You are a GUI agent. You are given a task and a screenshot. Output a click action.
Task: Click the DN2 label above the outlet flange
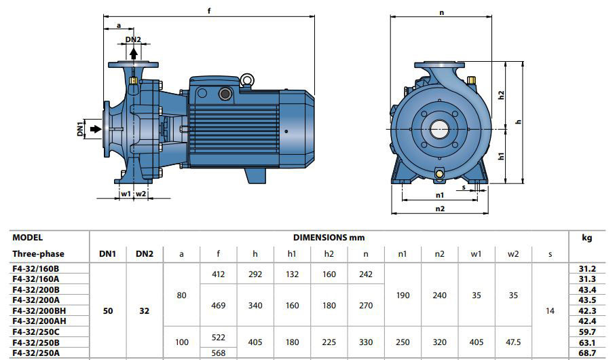pos(133,39)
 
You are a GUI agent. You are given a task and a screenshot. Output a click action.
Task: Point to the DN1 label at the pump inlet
pos(80,129)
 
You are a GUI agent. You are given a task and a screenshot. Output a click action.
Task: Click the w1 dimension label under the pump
pos(126,194)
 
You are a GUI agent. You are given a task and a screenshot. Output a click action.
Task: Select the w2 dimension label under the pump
pos(141,194)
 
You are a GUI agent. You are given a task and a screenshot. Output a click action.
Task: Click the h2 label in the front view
pos(502,94)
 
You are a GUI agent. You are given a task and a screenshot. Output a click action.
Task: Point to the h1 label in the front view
pos(502,156)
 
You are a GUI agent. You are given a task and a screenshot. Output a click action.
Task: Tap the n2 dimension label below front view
pos(440,209)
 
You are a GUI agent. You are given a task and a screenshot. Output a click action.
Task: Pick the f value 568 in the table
pos(218,353)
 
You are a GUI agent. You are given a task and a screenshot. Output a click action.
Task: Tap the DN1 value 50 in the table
pos(107,310)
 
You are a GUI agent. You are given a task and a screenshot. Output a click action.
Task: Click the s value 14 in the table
pos(549,310)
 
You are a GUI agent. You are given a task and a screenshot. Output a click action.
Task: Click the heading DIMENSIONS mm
pos(329,238)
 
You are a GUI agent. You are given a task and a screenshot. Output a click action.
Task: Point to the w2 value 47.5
pos(513,342)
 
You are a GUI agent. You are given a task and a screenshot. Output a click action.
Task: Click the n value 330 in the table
pos(366,342)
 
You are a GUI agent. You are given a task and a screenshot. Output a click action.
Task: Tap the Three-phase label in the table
pos(38,254)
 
